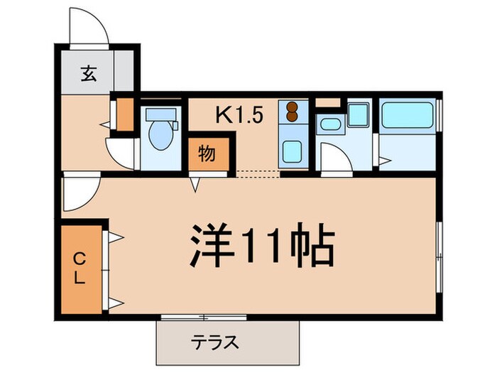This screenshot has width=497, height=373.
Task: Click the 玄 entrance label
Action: [x=88, y=74]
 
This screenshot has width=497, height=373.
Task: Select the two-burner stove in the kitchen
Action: [x=290, y=112]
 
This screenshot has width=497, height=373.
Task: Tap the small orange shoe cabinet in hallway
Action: [x=125, y=114]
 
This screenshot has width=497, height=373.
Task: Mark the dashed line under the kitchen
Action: [x=256, y=173]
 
